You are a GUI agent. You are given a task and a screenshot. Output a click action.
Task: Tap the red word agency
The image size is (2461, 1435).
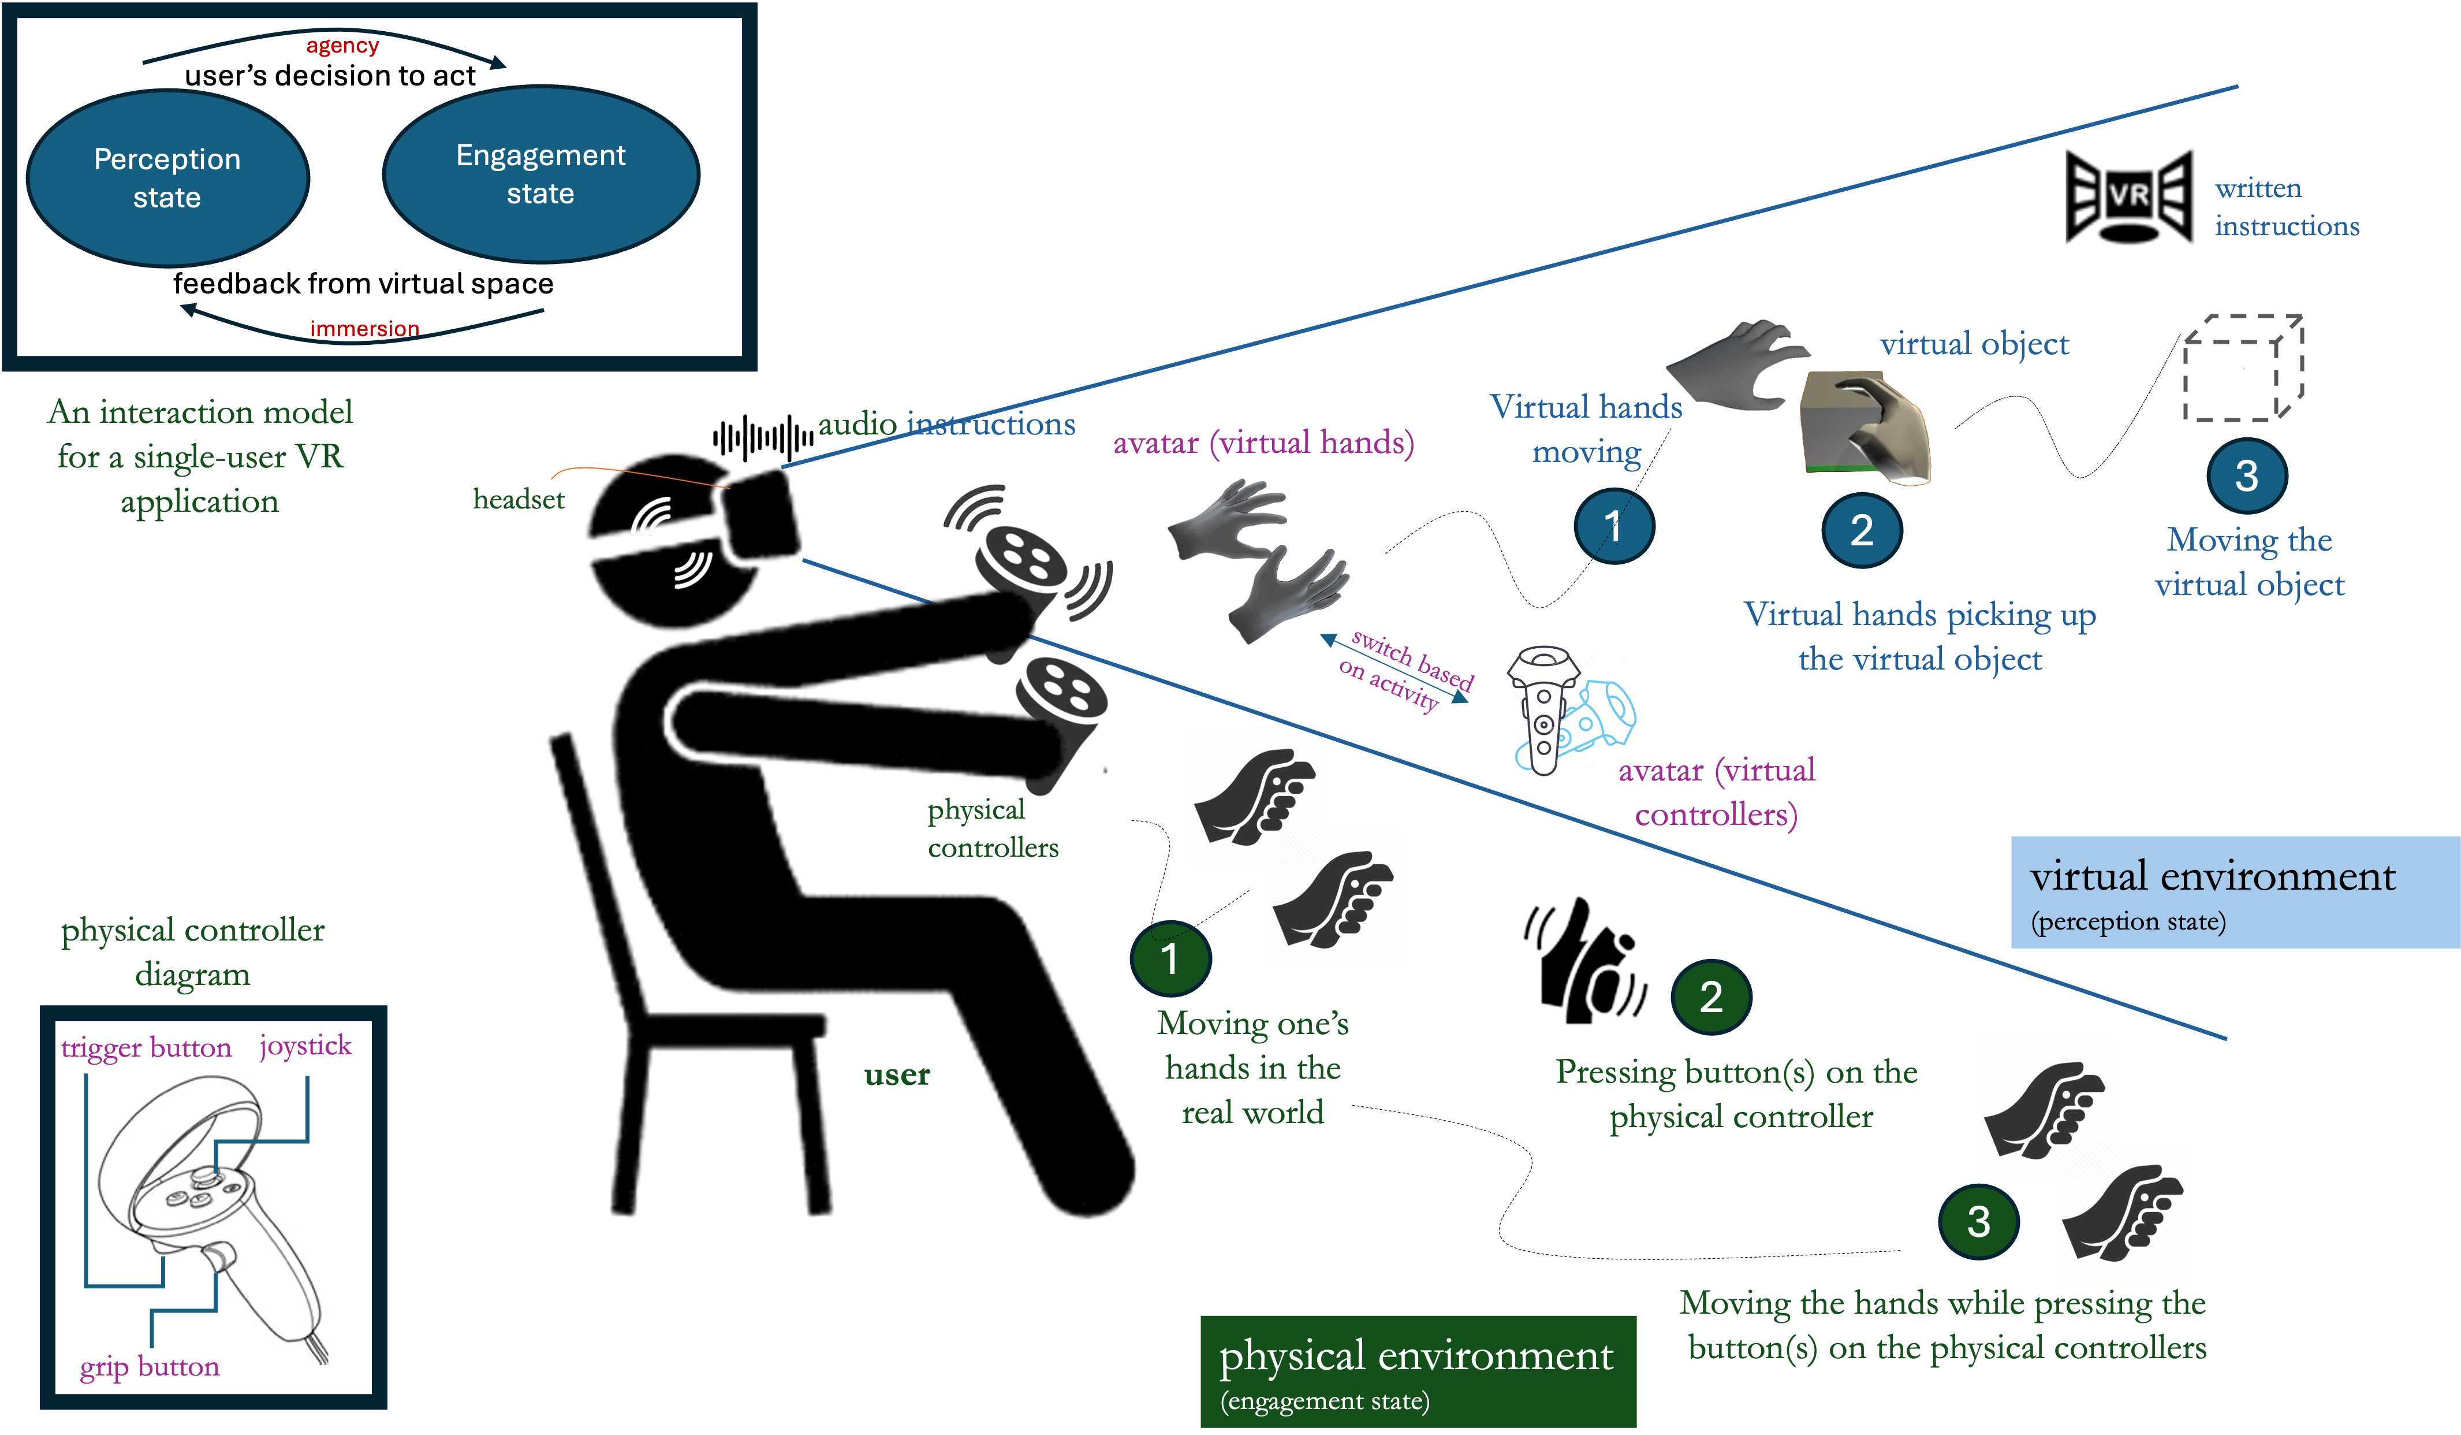tap(342, 46)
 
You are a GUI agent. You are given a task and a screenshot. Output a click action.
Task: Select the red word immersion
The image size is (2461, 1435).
tap(364, 328)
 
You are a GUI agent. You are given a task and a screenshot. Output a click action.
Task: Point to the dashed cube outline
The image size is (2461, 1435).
tap(2243, 368)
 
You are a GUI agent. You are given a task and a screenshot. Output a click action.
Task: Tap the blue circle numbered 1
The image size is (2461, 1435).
tap(1613, 526)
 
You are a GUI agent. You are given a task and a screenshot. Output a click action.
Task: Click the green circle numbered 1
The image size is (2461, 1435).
tap(1170, 958)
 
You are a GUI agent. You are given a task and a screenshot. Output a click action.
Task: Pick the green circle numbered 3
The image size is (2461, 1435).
tap(1978, 1221)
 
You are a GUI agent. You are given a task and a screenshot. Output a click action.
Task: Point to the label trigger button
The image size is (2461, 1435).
tap(146, 1047)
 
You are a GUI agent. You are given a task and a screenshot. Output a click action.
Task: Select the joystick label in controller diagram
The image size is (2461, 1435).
tap(305, 1045)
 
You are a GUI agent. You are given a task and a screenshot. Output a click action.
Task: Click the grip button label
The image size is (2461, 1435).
tap(150, 1366)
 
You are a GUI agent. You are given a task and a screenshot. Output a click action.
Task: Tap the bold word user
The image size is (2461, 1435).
tap(897, 1075)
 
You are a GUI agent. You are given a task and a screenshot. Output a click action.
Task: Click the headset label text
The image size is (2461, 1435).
tap(519, 499)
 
